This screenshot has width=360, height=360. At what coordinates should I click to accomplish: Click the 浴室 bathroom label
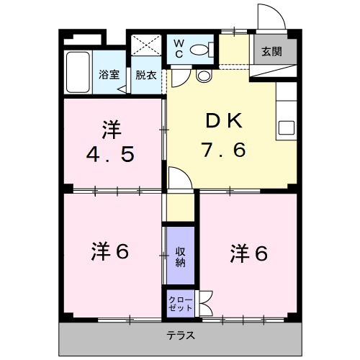click(x=107, y=75)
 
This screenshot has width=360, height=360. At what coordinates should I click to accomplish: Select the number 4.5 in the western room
click(x=112, y=155)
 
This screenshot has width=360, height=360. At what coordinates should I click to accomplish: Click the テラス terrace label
click(x=180, y=336)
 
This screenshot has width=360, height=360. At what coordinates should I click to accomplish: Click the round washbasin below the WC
click(x=203, y=75)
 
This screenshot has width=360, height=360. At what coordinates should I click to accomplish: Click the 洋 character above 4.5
click(x=111, y=130)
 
